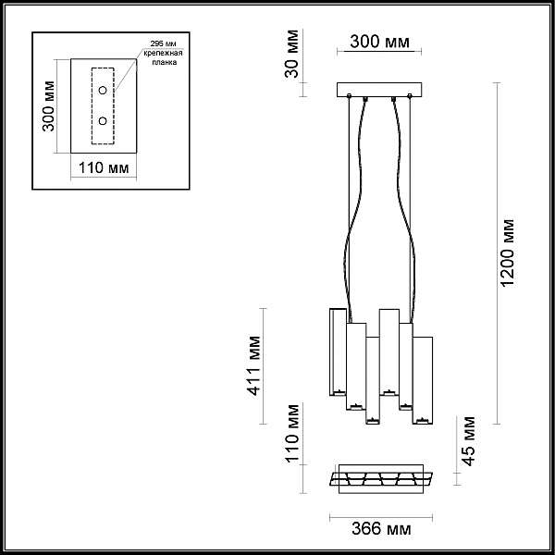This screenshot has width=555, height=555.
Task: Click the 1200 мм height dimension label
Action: click(x=508, y=253)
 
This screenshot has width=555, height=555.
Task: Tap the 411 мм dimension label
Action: click(x=255, y=366)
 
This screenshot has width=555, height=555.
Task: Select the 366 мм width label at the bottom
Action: click(x=381, y=529)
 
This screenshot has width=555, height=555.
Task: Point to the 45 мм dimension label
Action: click(x=469, y=441)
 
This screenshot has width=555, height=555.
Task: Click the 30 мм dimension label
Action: click(x=292, y=54)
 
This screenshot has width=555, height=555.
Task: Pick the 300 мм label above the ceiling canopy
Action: click(x=379, y=42)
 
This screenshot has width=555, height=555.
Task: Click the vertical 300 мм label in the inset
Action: click(x=48, y=106)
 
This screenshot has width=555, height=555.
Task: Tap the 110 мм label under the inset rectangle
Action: click(x=104, y=167)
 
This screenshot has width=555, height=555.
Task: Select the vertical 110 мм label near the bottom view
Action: click(x=292, y=433)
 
